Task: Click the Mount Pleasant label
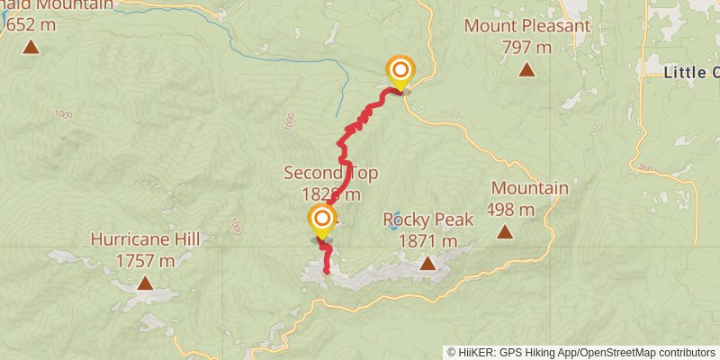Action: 526,25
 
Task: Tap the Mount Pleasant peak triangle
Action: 526,69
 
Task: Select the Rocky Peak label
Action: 420,220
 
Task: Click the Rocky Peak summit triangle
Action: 427,263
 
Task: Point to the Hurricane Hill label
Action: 145,239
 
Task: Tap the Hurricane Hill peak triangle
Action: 145,283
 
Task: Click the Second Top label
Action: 330,173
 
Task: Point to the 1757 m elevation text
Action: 145,261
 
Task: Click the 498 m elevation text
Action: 511,210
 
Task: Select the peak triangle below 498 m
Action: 506,232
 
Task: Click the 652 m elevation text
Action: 31,24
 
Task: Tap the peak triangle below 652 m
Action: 31,47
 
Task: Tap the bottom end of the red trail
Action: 326,272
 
